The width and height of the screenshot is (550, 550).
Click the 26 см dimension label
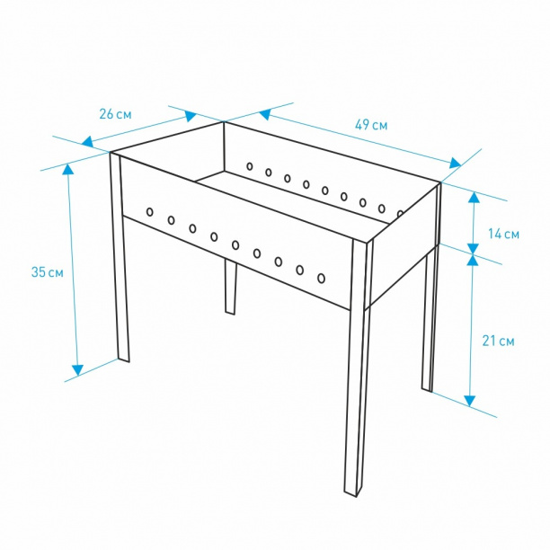pos(115,114)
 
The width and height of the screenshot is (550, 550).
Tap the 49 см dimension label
pos(371,125)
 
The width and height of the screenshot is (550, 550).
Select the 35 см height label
pos(48,271)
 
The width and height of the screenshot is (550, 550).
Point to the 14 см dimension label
pos(503,234)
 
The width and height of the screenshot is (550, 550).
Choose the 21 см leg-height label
pos(499,341)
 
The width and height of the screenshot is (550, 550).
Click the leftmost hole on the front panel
pos(150,212)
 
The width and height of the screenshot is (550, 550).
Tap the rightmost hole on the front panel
pos(321,279)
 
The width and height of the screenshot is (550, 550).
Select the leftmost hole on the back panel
pos(250,166)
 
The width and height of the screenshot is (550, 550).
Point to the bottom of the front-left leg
pos(123,359)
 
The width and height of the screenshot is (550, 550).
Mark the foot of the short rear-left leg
pos(230,312)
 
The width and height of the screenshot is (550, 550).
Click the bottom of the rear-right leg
pos(427,389)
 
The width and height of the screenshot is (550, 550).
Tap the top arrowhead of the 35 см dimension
pos(68,170)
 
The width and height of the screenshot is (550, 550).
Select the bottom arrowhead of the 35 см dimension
pos(77,370)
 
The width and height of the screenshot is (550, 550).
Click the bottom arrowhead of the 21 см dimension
pos(470,401)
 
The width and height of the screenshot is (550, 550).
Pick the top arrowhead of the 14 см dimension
pos(474,197)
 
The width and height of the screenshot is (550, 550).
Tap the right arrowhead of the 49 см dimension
pos(456,163)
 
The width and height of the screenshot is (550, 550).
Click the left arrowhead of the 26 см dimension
pos(87,141)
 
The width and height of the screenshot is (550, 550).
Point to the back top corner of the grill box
pos(224,121)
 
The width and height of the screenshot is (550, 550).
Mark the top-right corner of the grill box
pos(440,182)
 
